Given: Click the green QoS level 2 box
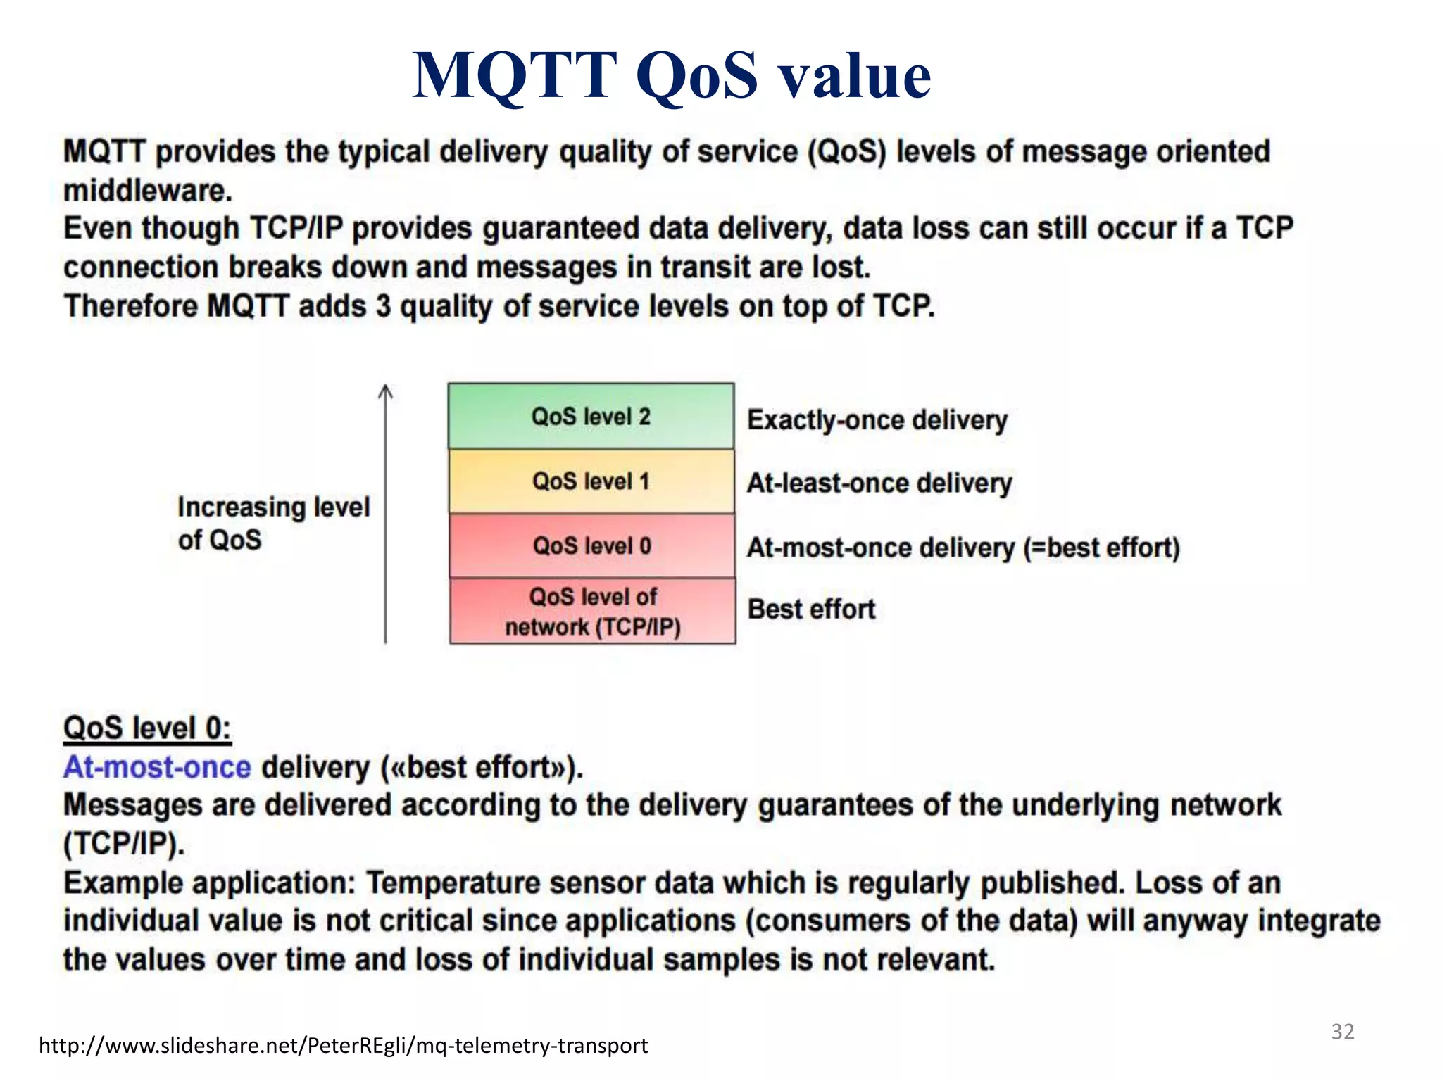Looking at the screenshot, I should click(591, 416).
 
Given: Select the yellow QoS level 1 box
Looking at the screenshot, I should click(591, 481).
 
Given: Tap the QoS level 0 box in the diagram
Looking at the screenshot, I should click(591, 545).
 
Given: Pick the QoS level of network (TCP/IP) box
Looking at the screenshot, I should click(592, 611).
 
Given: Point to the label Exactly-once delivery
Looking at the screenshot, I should click(877, 420).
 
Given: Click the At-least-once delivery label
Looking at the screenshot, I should click(879, 483).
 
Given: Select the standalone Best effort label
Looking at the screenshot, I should click(811, 609).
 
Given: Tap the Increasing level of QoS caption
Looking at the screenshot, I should click(273, 523).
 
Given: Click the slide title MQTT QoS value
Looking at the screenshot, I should click(671, 75).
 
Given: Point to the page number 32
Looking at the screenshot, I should click(1342, 1032).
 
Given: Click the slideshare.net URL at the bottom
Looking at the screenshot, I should click(343, 1046).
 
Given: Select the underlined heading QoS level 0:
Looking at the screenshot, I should click(147, 728).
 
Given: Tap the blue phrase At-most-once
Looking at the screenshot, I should click(157, 767).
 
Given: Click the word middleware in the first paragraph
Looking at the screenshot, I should click(147, 191).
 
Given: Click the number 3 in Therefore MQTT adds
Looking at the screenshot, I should click(382, 307).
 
